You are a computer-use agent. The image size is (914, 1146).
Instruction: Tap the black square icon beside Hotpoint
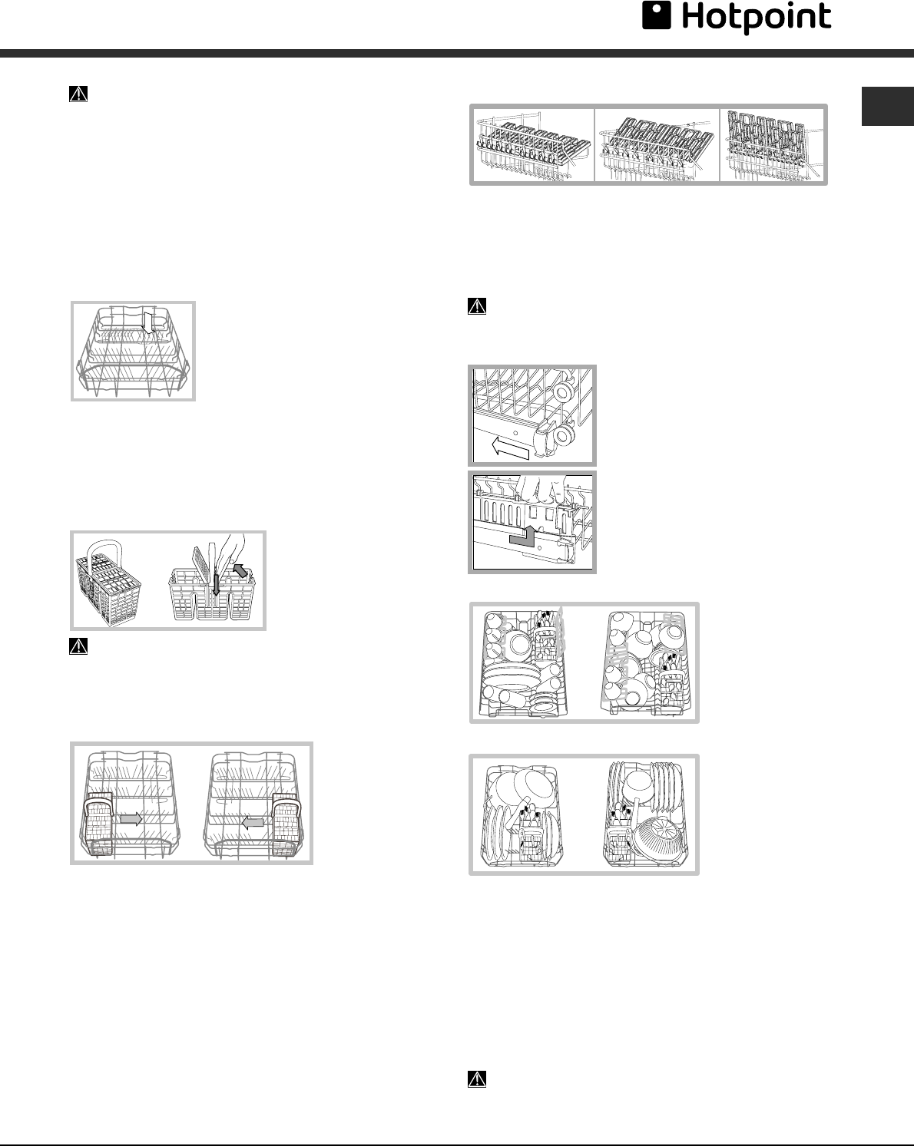[x=656, y=17]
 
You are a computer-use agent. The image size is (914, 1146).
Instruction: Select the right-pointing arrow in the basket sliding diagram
[x=131, y=819]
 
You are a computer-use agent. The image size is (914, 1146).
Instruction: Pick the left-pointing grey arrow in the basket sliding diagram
[x=253, y=821]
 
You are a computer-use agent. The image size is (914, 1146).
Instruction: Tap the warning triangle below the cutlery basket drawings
[x=78, y=646]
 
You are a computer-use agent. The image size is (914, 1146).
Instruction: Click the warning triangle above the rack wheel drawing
[x=477, y=306]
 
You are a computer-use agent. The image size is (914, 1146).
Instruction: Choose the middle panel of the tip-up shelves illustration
[x=657, y=145]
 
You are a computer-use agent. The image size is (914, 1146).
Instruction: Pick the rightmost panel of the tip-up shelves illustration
[x=773, y=145]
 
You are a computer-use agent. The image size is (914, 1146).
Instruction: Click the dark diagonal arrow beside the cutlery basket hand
[x=241, y=571]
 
